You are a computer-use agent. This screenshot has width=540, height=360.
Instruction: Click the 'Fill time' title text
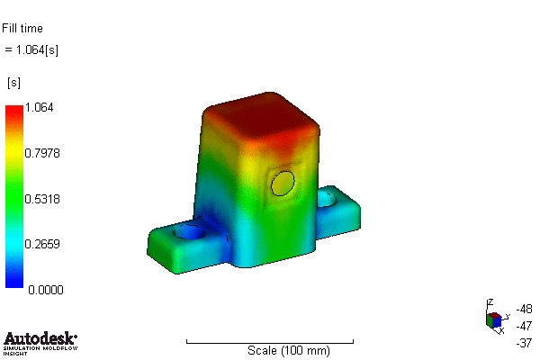coord(22,29)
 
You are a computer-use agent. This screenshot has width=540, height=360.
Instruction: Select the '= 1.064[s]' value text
coord(32,49)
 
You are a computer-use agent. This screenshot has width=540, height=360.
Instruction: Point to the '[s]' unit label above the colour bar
coord(13,83)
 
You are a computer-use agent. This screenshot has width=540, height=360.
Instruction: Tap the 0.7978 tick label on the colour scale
coord(42,153)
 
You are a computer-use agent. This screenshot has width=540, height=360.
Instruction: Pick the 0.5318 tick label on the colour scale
coord(42,198)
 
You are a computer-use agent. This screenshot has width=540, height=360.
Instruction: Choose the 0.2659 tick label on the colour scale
coord(42,243)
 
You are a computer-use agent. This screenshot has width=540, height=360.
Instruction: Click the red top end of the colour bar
coord(14,112)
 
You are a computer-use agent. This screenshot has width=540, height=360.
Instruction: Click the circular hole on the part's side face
coord(283,184)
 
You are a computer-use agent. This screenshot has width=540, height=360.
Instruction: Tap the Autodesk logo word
coord(40,339)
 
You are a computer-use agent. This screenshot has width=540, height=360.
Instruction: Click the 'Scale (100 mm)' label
coord(288,350)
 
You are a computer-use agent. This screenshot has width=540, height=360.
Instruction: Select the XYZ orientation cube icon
coord(494,319)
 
